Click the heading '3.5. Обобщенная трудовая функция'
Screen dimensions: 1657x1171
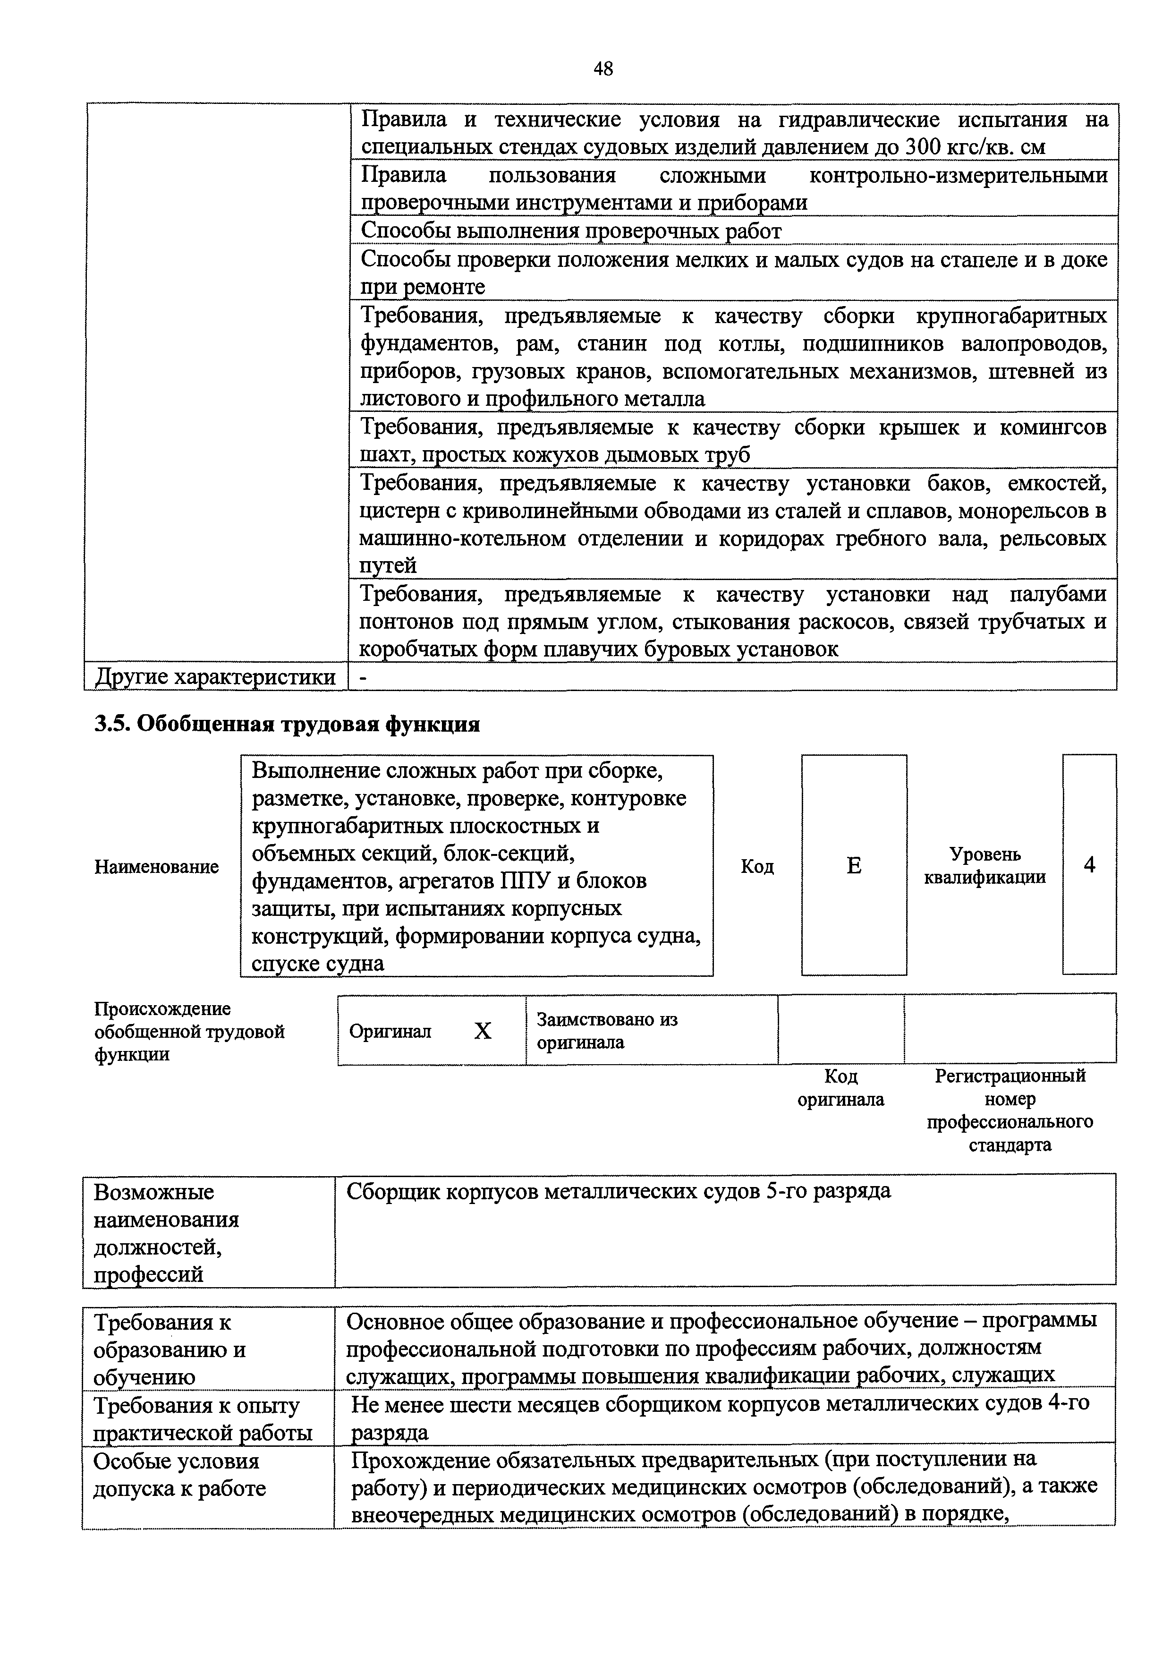(287, 725)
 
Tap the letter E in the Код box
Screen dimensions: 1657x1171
(854, 865)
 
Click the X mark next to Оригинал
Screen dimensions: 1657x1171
(483, 1031)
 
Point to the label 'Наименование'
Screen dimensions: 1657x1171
(157, 867)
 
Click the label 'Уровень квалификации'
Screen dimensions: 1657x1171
(985, 866)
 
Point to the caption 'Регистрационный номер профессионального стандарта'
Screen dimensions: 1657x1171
(1010, 1110)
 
